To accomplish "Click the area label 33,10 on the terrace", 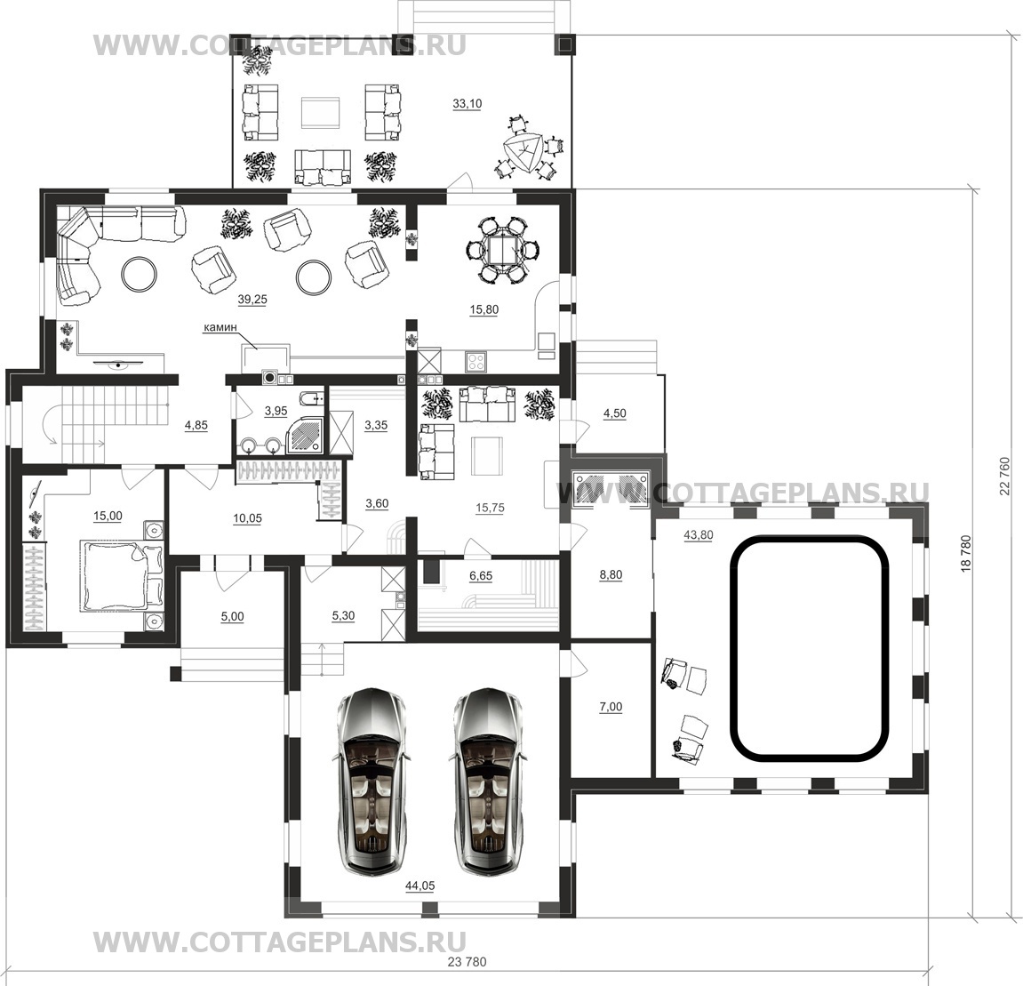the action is [467, 103].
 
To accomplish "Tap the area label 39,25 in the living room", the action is [252, 299].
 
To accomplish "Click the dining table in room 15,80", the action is [501, 249].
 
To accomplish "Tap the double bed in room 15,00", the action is [121, 575].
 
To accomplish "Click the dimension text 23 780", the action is [468, 962].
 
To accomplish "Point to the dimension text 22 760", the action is [1003, 476].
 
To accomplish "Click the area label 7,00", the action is [611, 707].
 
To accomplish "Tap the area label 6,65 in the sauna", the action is [481, 575].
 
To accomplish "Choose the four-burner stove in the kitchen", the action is [475, 360].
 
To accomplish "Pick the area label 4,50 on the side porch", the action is [614, 413].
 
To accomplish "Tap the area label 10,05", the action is [247, 518].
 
